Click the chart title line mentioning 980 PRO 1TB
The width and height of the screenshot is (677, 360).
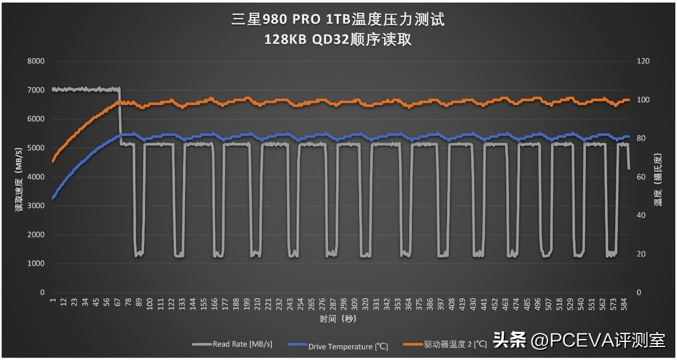click(x=338, y=20)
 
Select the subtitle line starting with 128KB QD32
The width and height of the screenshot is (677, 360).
click(x=338, y=39)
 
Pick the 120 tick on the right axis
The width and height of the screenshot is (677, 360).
click(x=643, y=61)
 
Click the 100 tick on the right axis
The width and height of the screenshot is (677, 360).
click(x=643, y=100)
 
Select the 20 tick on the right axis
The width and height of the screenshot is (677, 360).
click(x=641, y=254)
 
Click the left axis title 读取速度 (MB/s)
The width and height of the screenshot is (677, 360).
click(x=19, y=177)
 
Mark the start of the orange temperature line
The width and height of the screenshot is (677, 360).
click(x=52, y=161)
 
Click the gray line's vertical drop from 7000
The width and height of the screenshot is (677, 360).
click(x=120, y=116)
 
